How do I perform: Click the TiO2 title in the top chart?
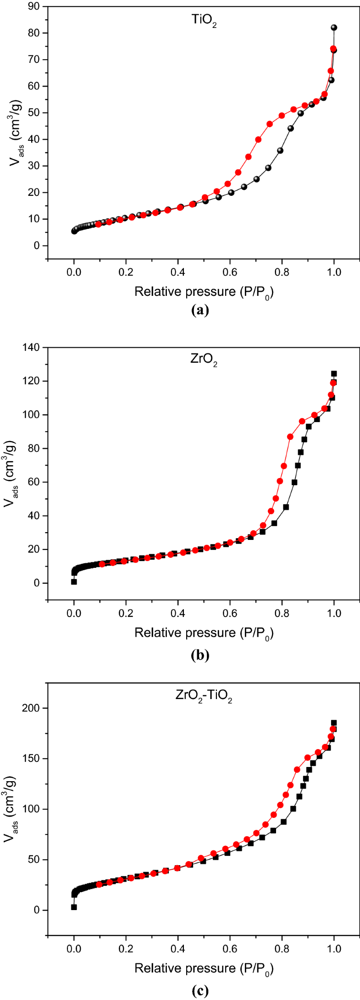pos(204,20)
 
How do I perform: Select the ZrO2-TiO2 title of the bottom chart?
pos(204,695)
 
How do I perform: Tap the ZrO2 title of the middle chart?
pos(204,360)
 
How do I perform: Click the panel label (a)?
pos(200,311)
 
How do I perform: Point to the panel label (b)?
pos(200,655)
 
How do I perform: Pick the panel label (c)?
pos(200,991)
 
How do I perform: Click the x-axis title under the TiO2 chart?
pos(204,292)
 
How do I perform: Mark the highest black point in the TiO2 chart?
pos(334,28)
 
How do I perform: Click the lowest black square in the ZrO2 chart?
pos(74,582)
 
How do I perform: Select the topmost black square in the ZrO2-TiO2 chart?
pos(334,723)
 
